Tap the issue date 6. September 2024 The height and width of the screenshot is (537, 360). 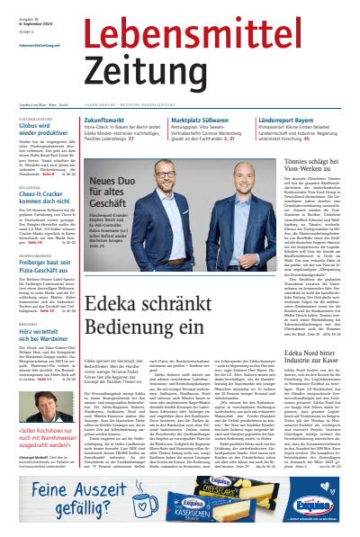26,24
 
